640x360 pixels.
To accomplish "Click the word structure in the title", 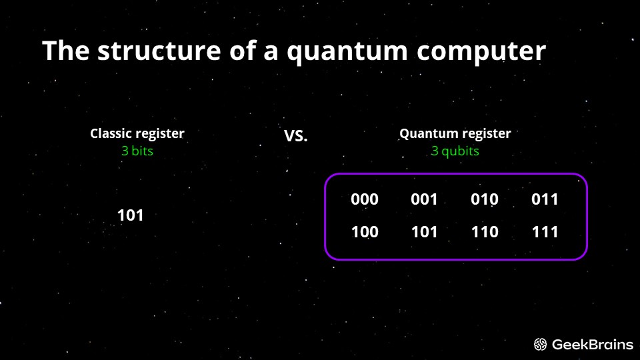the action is click(159, 51).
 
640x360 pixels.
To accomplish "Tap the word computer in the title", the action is click(481, 51).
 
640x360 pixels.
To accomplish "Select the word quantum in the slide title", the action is click(347, 52).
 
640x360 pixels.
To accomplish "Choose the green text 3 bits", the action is click(137, 151).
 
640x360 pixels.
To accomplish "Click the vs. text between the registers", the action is click(295, 136).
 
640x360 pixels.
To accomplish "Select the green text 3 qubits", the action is click(455, 151).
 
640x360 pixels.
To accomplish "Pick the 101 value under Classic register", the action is click(131, 215).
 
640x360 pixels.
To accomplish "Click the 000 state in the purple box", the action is click(365, 199).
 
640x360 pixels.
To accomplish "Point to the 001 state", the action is click(424, 199).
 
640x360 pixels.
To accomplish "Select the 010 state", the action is click(485, 199).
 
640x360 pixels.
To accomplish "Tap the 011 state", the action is click(545, 199).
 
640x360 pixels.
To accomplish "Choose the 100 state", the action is click(365, 232).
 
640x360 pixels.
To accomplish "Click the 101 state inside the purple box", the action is click(425, 232).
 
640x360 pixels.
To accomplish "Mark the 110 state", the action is click(485, 232).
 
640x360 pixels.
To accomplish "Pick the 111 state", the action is click(545, 232).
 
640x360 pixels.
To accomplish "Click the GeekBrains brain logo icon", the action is click(541, 345).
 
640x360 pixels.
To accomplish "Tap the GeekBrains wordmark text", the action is click(593, 345).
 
